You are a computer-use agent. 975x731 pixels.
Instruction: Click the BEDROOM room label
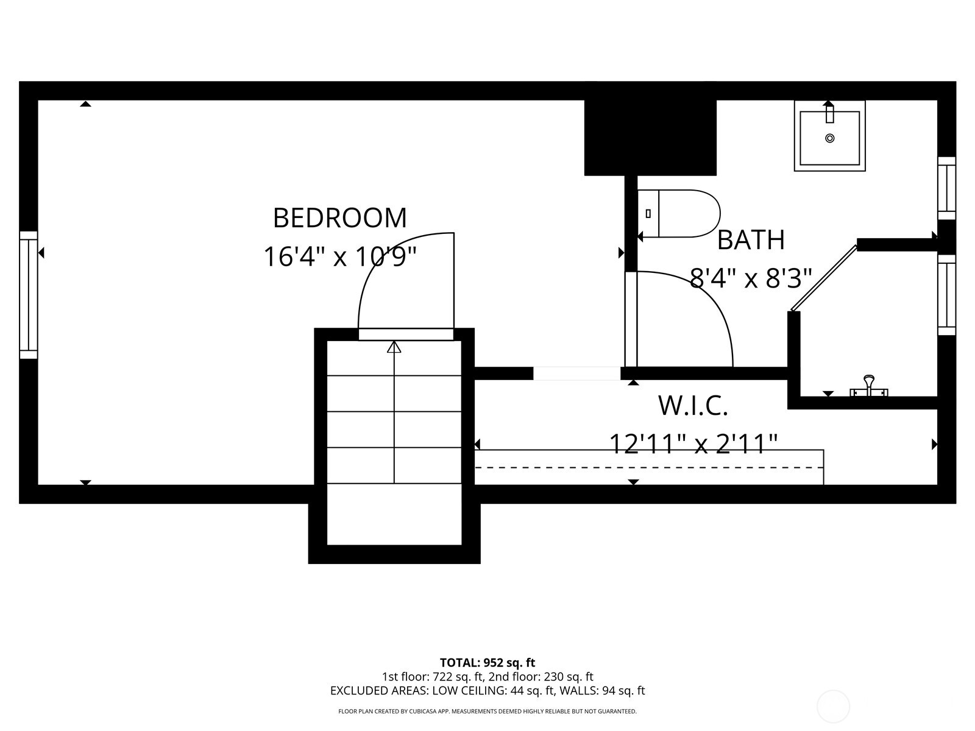[339, 218]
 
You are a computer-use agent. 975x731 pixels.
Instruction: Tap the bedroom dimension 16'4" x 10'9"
[339, 257]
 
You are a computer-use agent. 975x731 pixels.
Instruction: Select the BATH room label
[751, 240]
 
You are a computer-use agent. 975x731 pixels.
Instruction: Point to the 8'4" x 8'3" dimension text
[751, 279]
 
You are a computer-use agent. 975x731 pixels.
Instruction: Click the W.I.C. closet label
[693, 406]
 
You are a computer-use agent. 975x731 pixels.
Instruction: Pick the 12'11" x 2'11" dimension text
[693, 443]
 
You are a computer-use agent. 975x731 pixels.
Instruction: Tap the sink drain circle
[829, 138]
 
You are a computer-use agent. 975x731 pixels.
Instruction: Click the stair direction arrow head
[394, 347]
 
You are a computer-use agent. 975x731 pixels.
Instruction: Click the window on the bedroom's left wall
[29, 295]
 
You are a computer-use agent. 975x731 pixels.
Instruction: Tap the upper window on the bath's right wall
[946, 188]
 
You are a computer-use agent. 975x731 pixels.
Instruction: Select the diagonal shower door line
[823, 277]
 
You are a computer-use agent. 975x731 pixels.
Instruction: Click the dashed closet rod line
[649, 467]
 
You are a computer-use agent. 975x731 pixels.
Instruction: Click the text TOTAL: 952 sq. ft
[487, 662]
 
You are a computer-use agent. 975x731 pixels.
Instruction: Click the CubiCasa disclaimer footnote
[487, 711]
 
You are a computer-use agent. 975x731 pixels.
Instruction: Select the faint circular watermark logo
[833, 707]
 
